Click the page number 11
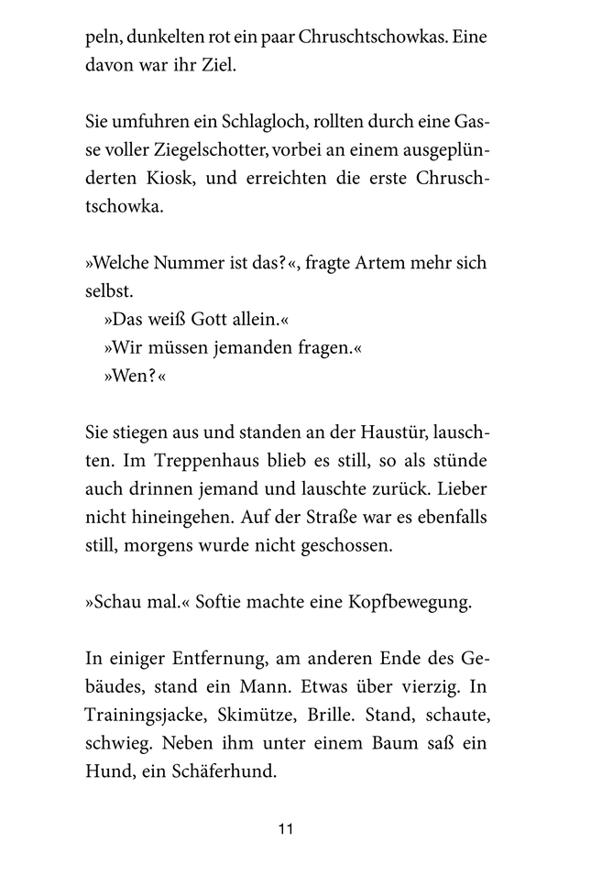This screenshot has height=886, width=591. (x=285, y=829)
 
